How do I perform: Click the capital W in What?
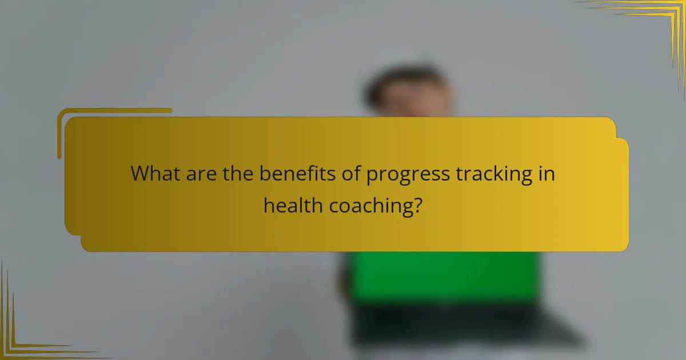tap(139, 174)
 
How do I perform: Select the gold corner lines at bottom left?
tap(23, 337)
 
